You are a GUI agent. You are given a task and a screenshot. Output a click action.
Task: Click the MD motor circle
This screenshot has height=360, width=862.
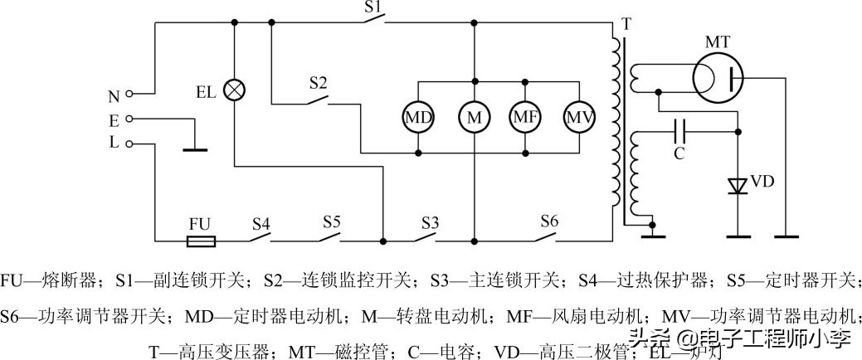pyautogui.click(x=418, y=118)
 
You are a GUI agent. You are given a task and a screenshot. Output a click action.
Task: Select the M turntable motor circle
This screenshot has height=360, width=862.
pyautogui.click(x=474, y=118)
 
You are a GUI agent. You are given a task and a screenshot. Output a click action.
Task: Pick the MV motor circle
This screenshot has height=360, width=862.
pyautogui.click(x=580, y=118)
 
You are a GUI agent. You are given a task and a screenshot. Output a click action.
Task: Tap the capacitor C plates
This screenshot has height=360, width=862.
pyautogui.click(x=679, y=129)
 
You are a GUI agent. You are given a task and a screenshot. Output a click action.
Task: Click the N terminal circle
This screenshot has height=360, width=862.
pyautogui.click(x=130, y=94)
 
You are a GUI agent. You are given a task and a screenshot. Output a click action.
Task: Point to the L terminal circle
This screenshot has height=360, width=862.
pyautogui.click(x=130, y=143)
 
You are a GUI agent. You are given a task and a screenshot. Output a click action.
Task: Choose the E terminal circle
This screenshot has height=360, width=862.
pyautogui.click(x=130, y=119)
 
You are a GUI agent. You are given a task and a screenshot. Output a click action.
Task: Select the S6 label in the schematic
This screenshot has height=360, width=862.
pyautogui.click(x=549, y=221)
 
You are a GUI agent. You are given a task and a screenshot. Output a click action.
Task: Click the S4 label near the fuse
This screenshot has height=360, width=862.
pyautogui.click(x=261, y=223)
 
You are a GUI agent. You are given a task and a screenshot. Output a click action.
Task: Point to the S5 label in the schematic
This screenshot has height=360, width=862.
pyautogui.click(x=332, y=222)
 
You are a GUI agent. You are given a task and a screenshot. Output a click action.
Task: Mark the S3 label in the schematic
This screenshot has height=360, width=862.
pyautogui.click(x=429, y=222)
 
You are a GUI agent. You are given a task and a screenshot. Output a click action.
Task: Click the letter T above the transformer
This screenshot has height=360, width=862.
pyautogui.click(x=624, y=24)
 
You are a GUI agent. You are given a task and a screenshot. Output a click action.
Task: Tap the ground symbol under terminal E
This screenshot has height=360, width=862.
pyautogui.click(x=195, y=149)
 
